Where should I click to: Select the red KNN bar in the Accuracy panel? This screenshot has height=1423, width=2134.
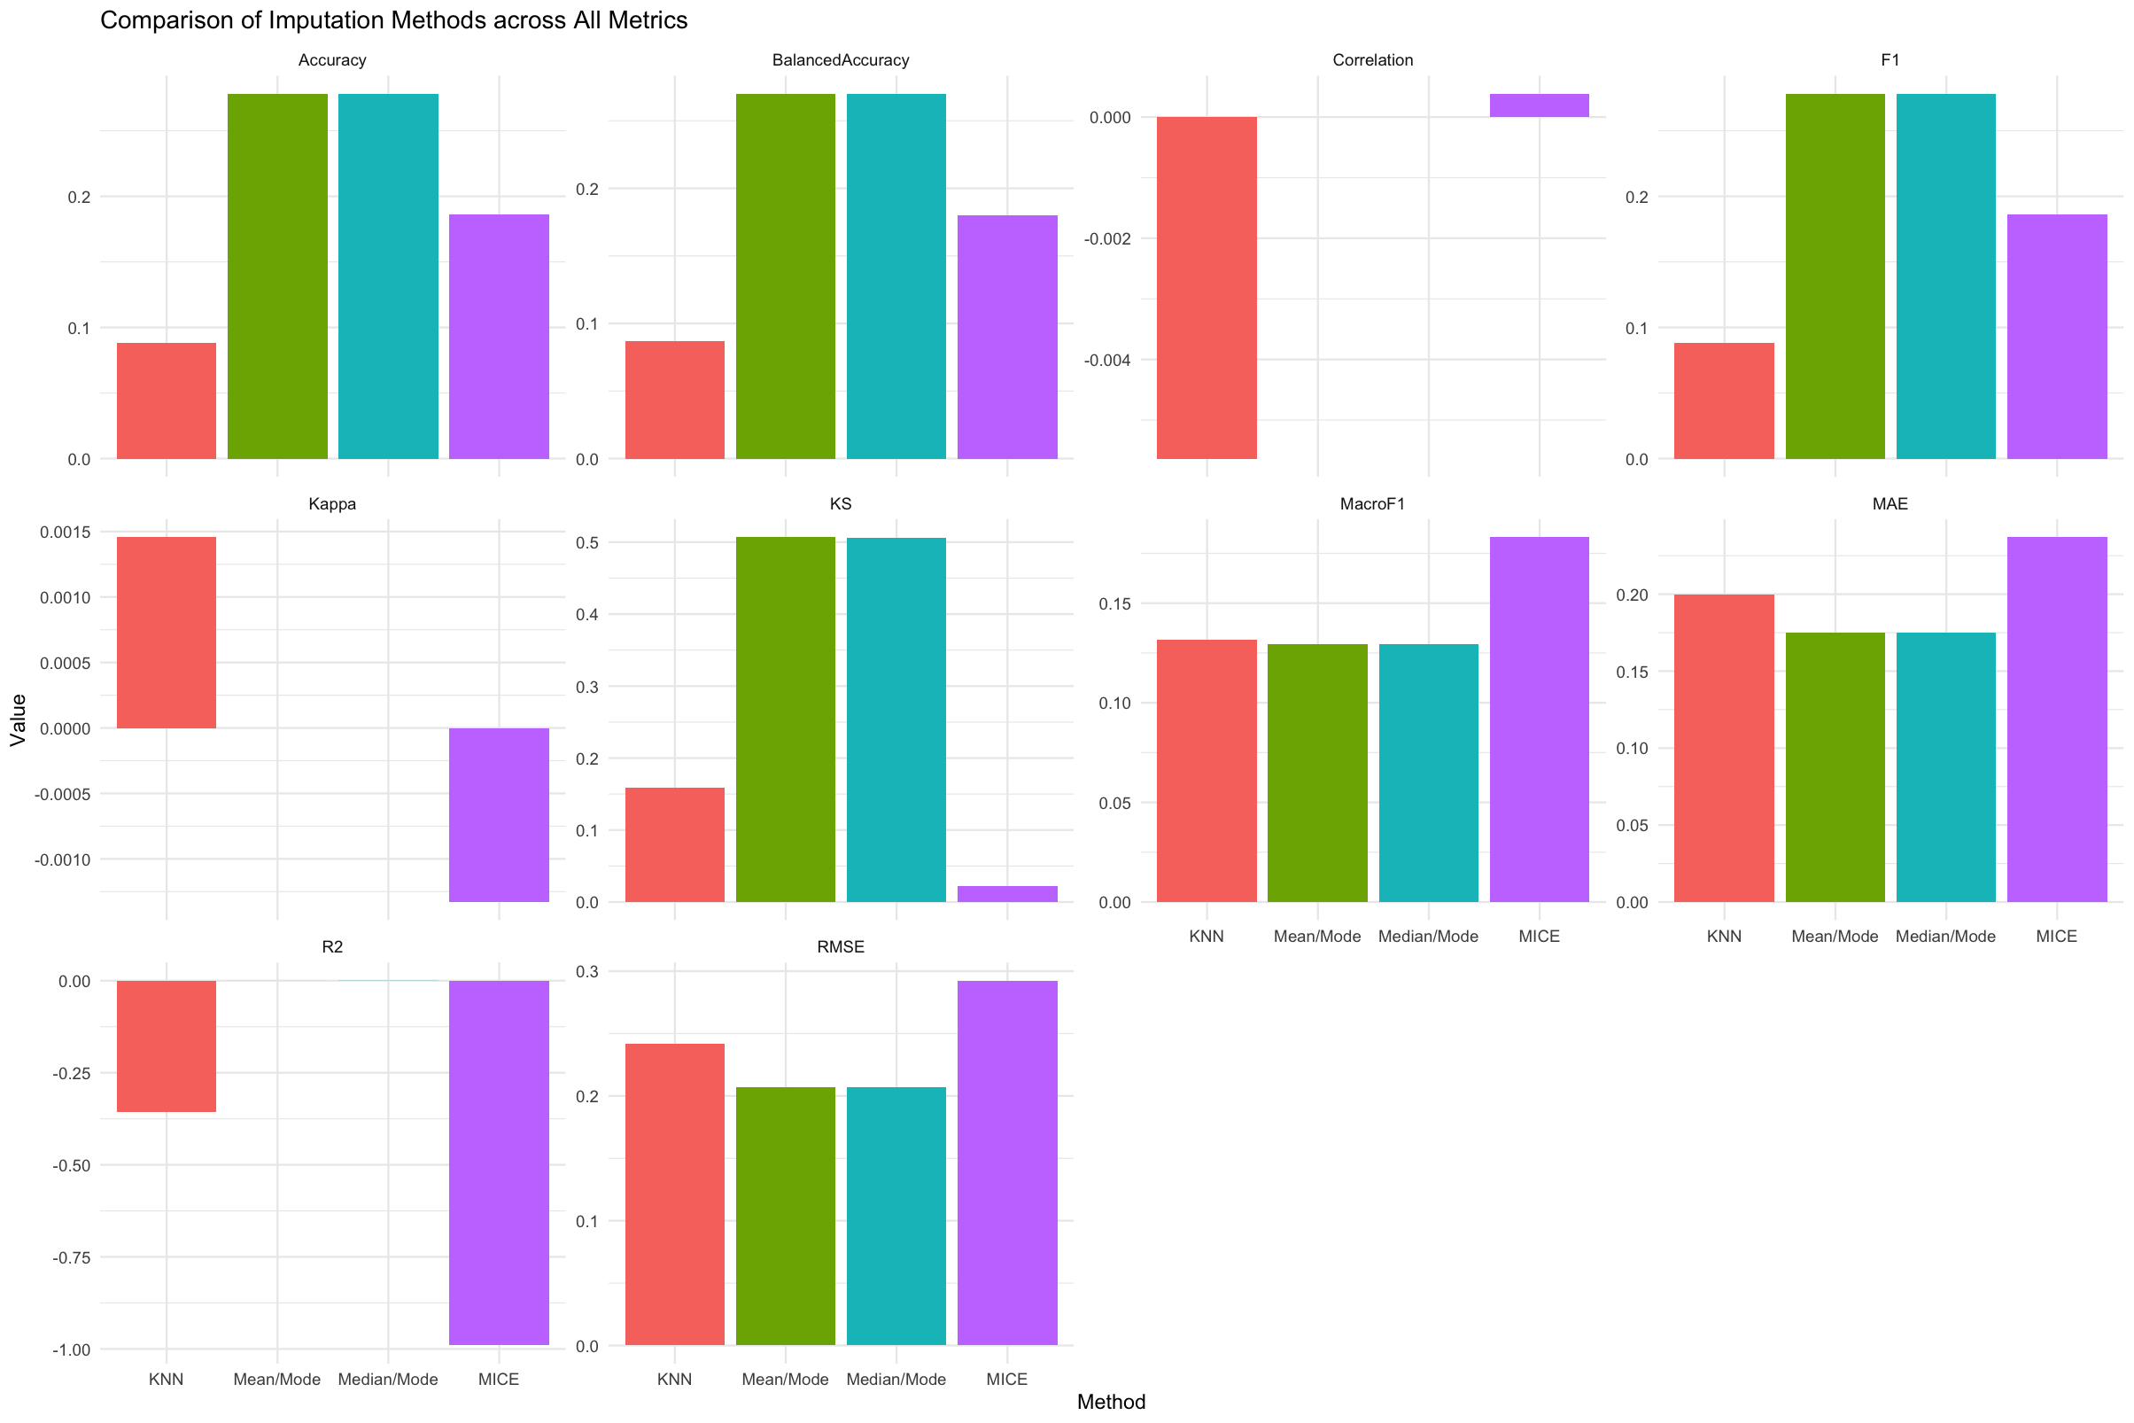click(x=167, y=400)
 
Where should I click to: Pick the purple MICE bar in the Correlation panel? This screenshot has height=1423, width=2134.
click(x=1539, y=105)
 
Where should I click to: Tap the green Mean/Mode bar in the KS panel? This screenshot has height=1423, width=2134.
click(x=785, y=719)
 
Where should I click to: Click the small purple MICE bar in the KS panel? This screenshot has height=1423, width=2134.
click(x=1007, y=894)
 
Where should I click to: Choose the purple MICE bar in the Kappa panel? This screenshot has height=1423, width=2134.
click(x=499, y=814)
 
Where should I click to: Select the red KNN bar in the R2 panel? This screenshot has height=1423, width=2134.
click(x=167, y=1046)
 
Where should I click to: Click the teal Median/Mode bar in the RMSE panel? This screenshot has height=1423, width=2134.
click(x=896, y=1215)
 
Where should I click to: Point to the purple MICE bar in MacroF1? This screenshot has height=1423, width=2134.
click(x=1539, y=719)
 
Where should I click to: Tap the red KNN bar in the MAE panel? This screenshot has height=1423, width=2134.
click(x=1724, y=748)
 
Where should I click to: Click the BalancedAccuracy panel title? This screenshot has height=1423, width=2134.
click(x=840, y=60)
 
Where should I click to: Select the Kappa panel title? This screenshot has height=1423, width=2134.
click(x=332, y=503)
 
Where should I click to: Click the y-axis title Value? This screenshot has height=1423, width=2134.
click(x=18, y=719)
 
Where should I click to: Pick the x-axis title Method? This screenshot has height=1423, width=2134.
click(x=1111, y=1402)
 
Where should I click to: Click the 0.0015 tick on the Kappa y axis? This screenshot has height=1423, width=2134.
click(x=66, y=532)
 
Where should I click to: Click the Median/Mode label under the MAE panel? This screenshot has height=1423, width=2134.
click(x=1945, y=937)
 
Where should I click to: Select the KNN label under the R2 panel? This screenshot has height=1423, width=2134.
click(x=166, y=1380)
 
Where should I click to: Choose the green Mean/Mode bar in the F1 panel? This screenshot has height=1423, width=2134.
click(x=1835, y=276)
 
